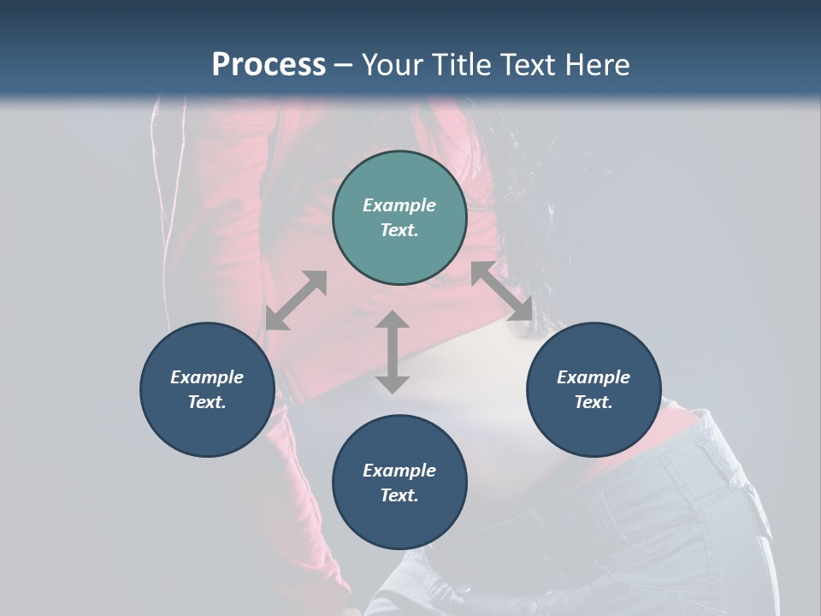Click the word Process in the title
pyautogui.click(x=269, y=65)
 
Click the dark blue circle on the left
pyautogui.click(x=207, y=389)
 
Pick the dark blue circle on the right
pyautogui.click(x=593, y=389)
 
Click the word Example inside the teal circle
pyautogui.click(x=399, y=205)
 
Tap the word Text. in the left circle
pyautogui.click(x=207, y=402)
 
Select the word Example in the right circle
pyautogui.click(x=593, y=377)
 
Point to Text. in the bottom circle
pyautogui.click(x=399, y=495)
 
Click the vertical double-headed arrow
pyautogui.click(x=393, y=352)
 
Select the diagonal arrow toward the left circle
pyautogui.click(x=296, y=300)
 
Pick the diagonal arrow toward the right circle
pyautogui.click(x=501, y=291)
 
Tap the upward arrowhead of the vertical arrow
pyautogui.click(x=393, y=320)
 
